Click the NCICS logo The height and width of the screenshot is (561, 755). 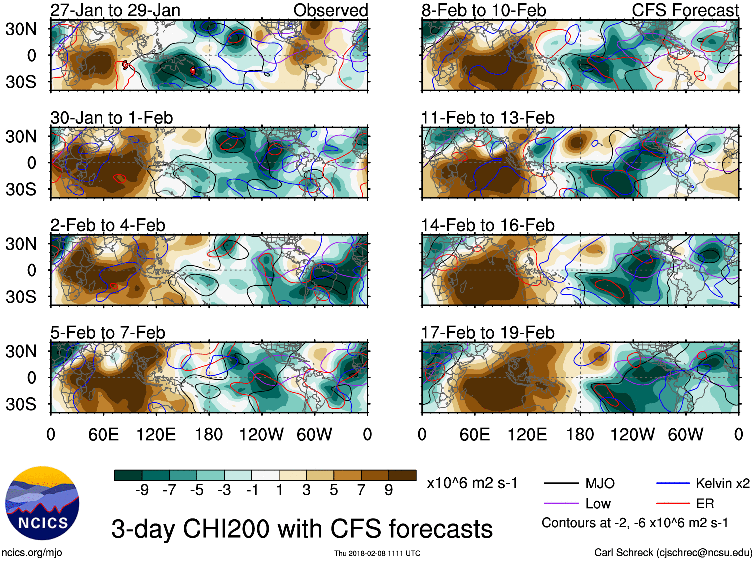pyautogui.click(x=42, y=503)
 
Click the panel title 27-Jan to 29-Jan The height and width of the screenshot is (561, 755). pyautogui.click(x=115, y=10)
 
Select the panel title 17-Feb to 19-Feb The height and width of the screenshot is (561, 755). pyautogui.click(x=487, y=332)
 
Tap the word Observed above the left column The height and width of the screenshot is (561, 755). pyautogui.click(x=330, y=10)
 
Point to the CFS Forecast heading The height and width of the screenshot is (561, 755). pyautogui.click(x=685, y=10)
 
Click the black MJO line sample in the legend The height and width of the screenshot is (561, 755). pyautogui.click(x=561, y=483)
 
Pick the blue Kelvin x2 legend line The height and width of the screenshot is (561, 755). pyautogui.click(x=673, y=483)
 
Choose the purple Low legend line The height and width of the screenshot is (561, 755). pyautogui.click(x=561, y=504)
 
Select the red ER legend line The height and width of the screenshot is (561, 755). pyautogui.click(x=673, y=504)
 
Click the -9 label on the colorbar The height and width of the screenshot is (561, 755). pyautogui.click(x=142, y=490)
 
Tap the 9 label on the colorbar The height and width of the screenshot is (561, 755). pyautogui.click(x=389, y=490)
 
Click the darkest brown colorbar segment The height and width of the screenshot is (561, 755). pyautogui.click(x=402, y=475)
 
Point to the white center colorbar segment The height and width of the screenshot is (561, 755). pyautogui.click(x=265, y=475)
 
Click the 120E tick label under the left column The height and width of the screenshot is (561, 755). pyautogui.click(x=156, y=434)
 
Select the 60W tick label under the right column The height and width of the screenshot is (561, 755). pyautogui.click(x=685, y=434)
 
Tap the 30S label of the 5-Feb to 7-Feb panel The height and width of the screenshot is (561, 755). pyautogui.click(x=21, y=404)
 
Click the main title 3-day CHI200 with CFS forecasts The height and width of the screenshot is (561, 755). pyautogui.click(x=302, y=529)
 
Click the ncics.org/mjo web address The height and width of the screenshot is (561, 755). pyautogui.click(x=32, y=553)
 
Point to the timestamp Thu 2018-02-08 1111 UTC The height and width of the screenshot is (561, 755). pyautogui.click(x=377, y=553)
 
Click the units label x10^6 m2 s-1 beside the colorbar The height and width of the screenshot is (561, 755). pyautogui.click(x=472, y=483)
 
